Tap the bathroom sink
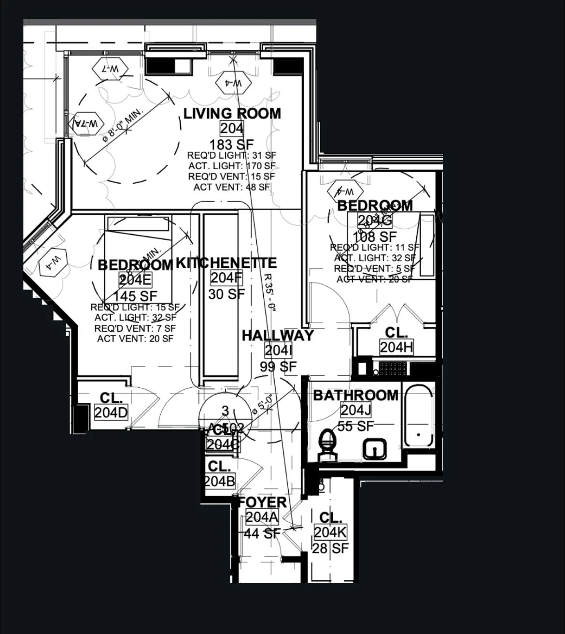[x=375, y=449]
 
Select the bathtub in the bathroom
[x=419, y=416]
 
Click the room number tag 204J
[x=355, y=410]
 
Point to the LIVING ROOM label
[x=232, y=114]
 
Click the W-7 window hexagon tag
[x=111, y=69]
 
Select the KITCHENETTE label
[x=226, y=263]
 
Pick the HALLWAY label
[x=278, y=336]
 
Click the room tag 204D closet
[x=111, y=413]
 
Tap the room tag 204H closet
[x=396, y=347]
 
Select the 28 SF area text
[x=330, y=548]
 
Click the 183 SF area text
[x=231, y=144]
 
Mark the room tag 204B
[x=220, y=481]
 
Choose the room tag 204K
[x=330, y=532]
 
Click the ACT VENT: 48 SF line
[x=232, y=187]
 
